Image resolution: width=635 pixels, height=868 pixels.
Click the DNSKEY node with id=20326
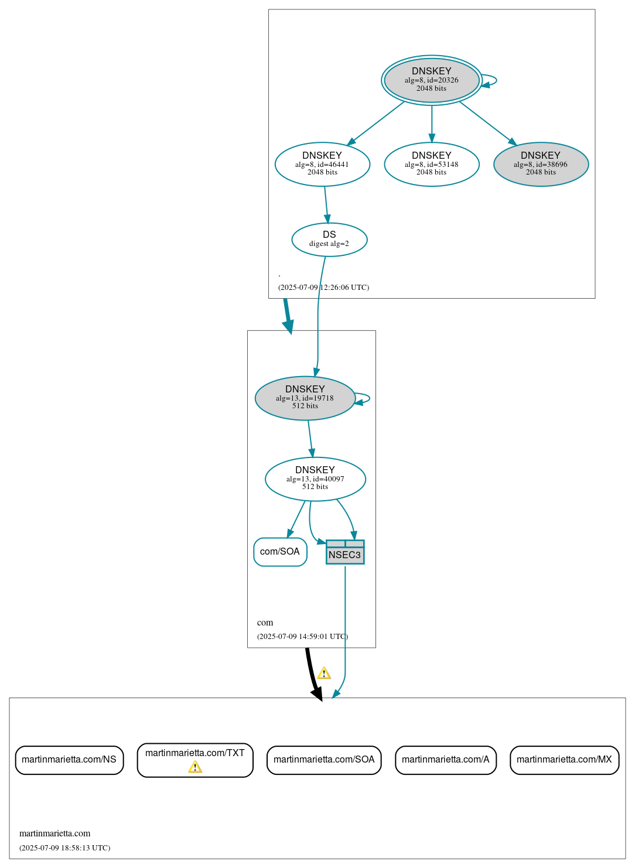pyautogui.click(x=432, y=80)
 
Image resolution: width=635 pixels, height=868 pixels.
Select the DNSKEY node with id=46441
pyautogui.click(x=322, y=164)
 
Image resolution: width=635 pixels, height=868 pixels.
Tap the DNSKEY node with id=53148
pyautogui.click(x=432, y=164)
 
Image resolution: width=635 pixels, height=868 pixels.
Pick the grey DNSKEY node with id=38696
pyautogui.click(x=541, y=164)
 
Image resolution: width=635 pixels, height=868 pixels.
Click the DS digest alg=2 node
pyautogui.click(x=329, y=239)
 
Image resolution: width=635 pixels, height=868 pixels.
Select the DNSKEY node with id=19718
pyautogui.click(x=305, y=398)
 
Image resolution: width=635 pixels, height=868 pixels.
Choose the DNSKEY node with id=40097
pyautogui.click(x=315, y=479)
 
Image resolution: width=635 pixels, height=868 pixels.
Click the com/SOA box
pyautogui.click(x=280, y=552)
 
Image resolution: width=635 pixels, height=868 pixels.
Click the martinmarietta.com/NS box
pyautogui.click(x=69, y=760)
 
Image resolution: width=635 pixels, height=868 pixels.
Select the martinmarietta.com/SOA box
pyautogui.click(x=324, y=760)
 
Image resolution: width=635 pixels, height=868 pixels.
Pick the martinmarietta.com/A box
pyautogui.click(x=446, y=760)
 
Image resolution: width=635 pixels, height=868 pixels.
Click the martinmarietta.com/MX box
pyautogui.click(x=564, y=760)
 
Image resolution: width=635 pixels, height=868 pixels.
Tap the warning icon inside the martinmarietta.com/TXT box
pyautogui.click(x=195, y=767)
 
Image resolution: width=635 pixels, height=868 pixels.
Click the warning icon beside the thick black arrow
pyautogui.click(x=324, y=674)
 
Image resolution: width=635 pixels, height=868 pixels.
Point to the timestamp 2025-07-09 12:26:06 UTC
pyautogui.click(x=323, y=288)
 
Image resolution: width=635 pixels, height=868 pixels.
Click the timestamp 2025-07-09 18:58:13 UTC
pyautogui.click(x=64, y=848)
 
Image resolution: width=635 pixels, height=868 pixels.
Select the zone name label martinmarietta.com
pyautogui.click(x=55, y=833)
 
